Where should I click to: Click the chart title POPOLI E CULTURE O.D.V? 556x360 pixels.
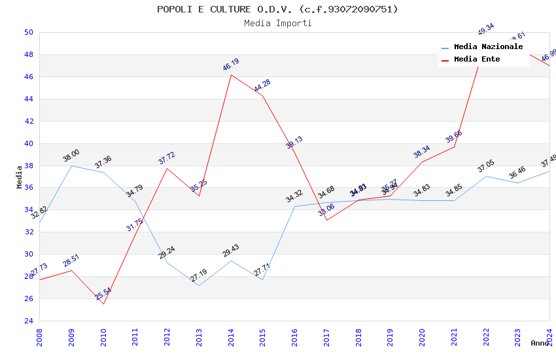(x=277, y=9)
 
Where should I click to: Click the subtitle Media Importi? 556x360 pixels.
(x=277, y=23)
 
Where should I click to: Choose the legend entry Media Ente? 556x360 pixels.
(x=477, y=60)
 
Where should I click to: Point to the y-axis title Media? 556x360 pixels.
(x=20, y=177)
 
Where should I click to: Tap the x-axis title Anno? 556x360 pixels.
(x=540, y=343)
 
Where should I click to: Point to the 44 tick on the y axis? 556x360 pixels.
(x=28, y=99)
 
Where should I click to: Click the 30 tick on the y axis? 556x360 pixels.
(x=28, y=254)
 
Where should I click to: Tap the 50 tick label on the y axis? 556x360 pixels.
(x=28, y=32)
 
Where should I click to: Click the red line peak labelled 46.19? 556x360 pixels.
(x=231, y=75)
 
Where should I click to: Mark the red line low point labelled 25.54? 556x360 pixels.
(x=103, y=304)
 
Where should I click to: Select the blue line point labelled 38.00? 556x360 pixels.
(x=71, y=166)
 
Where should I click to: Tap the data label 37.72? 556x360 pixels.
(x=167, y=158)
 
